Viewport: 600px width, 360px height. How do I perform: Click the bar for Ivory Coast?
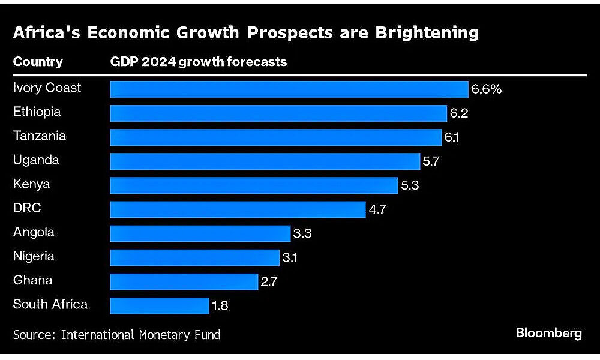289,89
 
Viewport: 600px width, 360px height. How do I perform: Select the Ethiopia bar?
278,113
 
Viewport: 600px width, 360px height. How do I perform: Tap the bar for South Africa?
160,305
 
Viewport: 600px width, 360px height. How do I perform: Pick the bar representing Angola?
200,233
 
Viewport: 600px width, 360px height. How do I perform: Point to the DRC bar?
238,209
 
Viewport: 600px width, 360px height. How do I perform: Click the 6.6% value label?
486,89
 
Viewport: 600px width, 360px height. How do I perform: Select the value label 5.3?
410,185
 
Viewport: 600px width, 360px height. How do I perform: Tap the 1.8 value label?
220,305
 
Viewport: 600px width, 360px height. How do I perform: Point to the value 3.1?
290,257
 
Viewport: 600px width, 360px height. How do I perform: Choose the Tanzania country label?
40,136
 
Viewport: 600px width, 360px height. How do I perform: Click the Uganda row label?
36,160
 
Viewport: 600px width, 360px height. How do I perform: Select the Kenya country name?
31,184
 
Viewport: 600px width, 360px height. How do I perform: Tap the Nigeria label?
34,256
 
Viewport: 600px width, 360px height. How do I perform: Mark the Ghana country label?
32,280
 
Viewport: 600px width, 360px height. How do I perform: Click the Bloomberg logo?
548,333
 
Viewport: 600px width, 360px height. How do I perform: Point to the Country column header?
37,62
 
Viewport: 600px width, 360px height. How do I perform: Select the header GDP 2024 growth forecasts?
198,62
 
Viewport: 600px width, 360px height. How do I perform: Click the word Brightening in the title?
427,32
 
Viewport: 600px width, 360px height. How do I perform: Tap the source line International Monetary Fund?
140,334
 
